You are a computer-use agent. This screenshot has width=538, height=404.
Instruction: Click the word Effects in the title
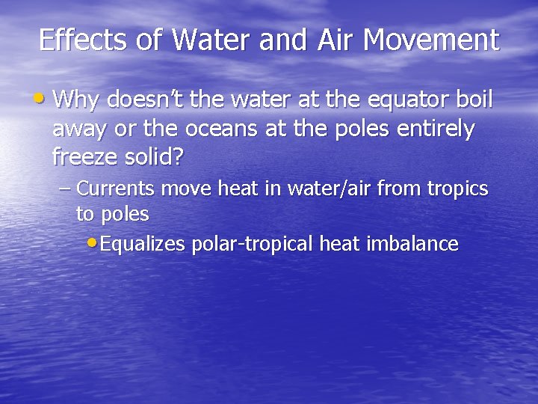84,40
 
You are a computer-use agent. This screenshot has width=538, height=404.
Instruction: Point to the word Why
78,100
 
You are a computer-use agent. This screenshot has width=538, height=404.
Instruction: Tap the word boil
474,100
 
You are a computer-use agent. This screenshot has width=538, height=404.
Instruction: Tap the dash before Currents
65,189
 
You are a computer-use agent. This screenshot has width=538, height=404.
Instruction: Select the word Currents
117,189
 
